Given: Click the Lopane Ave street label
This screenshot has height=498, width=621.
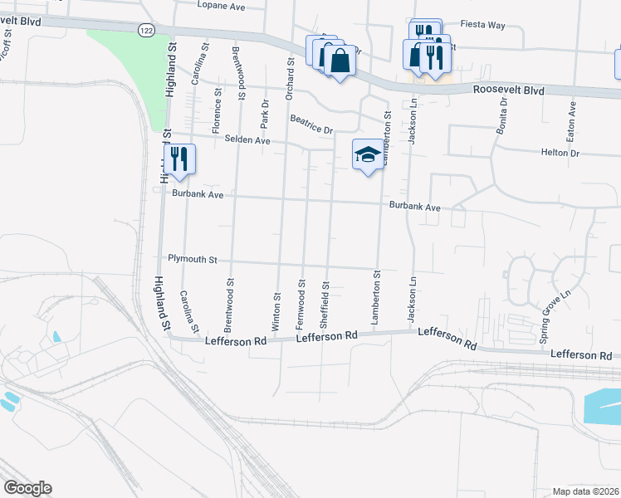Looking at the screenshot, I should pyautogui.click(x=222, y=5).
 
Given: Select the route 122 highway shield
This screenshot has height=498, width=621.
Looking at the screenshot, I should pyautogui.click(x=146, y=29).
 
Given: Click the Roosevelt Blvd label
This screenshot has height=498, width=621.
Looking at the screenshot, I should pyautogui.click(x=508, y=90).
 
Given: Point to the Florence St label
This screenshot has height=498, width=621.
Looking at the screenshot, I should pyautogui.click(x=217, y=117).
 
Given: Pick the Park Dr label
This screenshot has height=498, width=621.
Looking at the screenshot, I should pyautogui.click(x=265, y=113).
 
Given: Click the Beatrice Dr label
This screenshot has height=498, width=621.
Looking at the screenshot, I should pyautogui.click(x=311, y=124).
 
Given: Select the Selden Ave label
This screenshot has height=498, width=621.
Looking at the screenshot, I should pyautogui.click(x=247, y=140).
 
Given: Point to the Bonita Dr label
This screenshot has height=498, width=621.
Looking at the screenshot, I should pyautogui.click(x=501, y=121).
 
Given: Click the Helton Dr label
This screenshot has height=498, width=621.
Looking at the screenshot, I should pyautogui.click(x=560, y=153).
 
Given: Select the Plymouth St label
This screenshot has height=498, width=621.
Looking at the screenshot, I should pyautogui.click(x=192, y=259).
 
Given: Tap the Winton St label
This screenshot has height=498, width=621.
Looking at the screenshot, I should pyautogui.click(x=276, y=307).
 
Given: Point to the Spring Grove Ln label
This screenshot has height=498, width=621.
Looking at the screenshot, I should pyautogui.click(x=545, y=318).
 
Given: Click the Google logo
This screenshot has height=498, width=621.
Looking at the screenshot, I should pyautogui.click(x=27, y=488).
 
